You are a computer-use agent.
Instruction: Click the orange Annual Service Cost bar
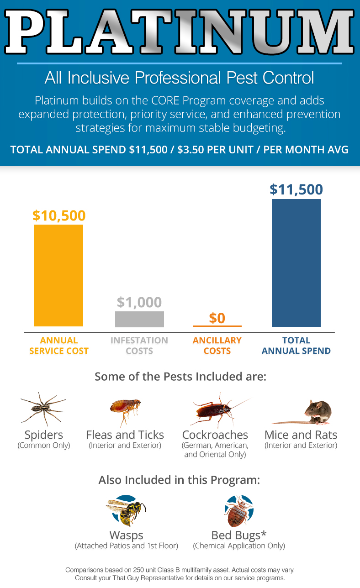pyautogui.click(x=58, y=275)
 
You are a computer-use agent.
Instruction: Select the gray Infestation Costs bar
pyautogui.click(x=139, y=319)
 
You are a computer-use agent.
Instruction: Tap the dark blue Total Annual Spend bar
pyautogui.click(x=296, y=263)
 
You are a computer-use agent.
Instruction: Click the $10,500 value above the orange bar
pyautogui.click(x=59, y=215)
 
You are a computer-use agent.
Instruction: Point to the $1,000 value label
pyautogui.click(x=139, y=302)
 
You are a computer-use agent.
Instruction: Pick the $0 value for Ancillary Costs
pyautogui.click(x=217, y=318)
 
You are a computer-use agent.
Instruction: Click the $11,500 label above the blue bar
pyautogui.click(x=296, y=189)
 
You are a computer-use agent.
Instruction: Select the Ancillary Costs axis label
pyautogui.click(x=217, y=346)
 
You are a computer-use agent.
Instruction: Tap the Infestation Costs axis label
pyautogui.click(x=139, y=346)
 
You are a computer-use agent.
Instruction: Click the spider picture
pyautogui.click(x=43, y=409)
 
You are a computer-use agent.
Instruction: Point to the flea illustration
pyautogui.click(x=126, y=412)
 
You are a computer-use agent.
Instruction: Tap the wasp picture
pyautogui.click(x=126, y=510)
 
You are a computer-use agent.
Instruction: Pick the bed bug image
pyautogui.click(x=238, y=511)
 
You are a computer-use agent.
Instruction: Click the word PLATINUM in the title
pyautogui.click(x=180, y=31)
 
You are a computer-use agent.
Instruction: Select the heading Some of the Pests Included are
pyautogui.click(x=180, y=377)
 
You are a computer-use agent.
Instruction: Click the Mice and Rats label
pyautogui.click(x=301, y=435)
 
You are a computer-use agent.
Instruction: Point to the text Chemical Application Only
pyautogui.click(x=239, y=546)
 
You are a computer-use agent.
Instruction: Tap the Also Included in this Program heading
pyautogui.click(x=179, y=480)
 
